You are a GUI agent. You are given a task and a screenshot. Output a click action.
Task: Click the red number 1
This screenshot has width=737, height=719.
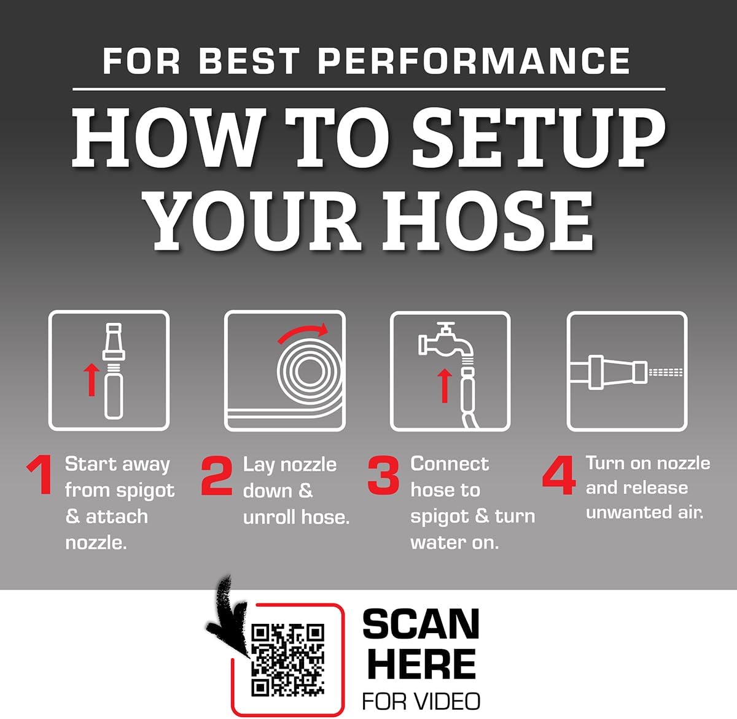pos(41,475)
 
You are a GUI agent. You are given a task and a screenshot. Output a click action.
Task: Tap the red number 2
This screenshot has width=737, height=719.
pos(216,475)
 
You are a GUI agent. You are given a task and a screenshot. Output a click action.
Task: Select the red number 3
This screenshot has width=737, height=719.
pos(383,475)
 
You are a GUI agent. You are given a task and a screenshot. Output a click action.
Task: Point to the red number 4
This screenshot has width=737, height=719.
pos(559,475)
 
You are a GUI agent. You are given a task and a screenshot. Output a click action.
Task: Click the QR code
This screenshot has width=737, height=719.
pos(288,660)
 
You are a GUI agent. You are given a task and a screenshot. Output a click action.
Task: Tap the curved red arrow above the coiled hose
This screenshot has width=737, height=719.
pos(303,332)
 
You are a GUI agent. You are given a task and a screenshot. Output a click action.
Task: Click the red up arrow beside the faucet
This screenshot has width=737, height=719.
pos(444,386)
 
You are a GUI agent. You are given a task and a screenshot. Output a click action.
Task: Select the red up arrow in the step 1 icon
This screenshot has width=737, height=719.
pos(92,379)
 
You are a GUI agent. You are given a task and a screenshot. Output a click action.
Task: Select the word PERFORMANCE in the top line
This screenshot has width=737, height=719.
pos(474,61)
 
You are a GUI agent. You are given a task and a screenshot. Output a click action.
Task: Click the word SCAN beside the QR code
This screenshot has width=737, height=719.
pos(421,624)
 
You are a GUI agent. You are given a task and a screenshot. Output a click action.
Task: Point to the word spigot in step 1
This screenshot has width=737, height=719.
pos(146,491)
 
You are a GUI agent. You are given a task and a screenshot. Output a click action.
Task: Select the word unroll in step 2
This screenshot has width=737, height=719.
pos(268,517)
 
